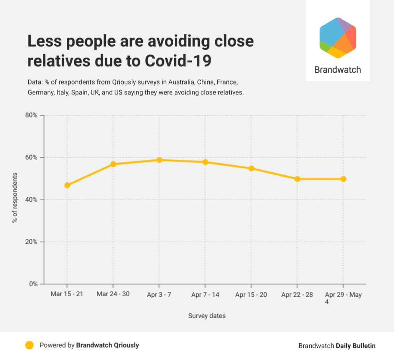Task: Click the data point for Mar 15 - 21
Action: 67,185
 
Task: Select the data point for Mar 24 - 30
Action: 113,164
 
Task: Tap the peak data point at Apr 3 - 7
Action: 159,160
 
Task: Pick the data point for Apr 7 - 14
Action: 205,162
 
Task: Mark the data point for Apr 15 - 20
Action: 251,168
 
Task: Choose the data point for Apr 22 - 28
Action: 297,179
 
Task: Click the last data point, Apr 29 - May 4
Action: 343,179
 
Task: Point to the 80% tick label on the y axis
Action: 31,115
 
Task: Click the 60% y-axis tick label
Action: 31,157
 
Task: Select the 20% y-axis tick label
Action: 31,242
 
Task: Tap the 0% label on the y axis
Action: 33,284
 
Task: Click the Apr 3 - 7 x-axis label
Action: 159,295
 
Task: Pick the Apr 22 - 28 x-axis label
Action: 297,295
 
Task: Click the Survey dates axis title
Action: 207,316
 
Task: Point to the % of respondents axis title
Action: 15,198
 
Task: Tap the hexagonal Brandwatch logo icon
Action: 337,38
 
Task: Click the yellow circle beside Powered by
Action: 29,345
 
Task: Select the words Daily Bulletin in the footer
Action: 355,346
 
